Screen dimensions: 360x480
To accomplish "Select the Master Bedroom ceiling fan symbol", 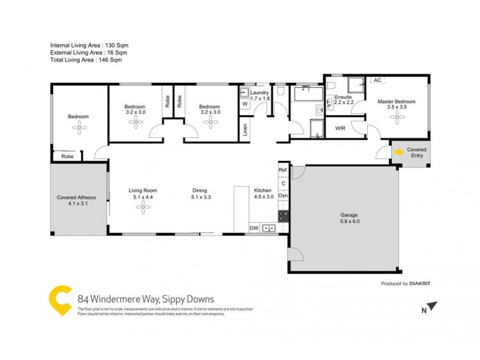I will [x=397, y=116].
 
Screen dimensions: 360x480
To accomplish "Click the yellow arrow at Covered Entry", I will [x=397, y=153].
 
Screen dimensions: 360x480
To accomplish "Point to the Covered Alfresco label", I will [x=77, y=200].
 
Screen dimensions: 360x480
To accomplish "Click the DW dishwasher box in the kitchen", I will [x=254, y=228].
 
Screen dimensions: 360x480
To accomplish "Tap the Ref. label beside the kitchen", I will [x=283, y=170].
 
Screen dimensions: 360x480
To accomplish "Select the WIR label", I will [x=340, y=128].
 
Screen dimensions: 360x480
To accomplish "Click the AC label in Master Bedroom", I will [x=377, y=80].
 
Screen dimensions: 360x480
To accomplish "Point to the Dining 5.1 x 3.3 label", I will [x=201, y=193].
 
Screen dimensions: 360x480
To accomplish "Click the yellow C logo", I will [x=61, y=299].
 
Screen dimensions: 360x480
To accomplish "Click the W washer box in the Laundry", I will [x=245, y=104].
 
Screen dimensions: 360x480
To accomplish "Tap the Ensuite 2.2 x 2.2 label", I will [x=344, y=100].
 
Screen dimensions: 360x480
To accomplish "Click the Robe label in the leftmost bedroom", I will [x=68, y=156].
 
